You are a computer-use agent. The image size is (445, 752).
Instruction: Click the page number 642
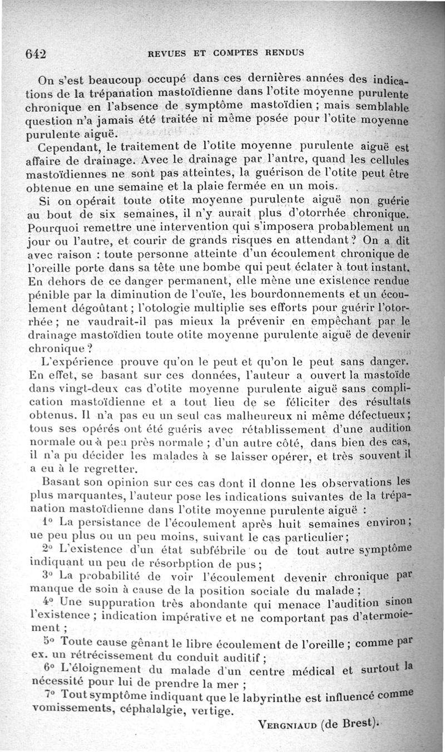pyautogui.click(x=35, y=53)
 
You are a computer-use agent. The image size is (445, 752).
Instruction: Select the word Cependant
pyautogui.click(x=67, y=149)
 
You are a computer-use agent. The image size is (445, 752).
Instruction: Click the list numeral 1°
pyautogui.click(x=47, y=523)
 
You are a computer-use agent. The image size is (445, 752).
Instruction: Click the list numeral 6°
pyautogui.click(x=48, y=668)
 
